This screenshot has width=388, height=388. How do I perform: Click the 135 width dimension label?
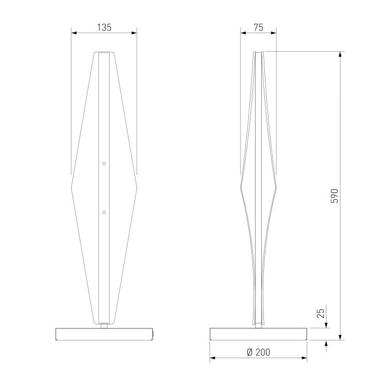click(104, 27)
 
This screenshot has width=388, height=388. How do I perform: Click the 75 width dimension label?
click(258, 27)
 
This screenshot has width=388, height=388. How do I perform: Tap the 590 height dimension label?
click(334, 196)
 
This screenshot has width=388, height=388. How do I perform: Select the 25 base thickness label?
click(320, 314)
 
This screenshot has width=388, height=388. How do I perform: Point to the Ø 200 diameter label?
click(258, 352)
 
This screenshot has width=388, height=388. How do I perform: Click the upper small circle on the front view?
click(104, 163)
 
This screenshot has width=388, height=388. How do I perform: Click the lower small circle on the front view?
click(104, 212)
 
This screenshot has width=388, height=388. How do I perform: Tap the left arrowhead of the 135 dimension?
click(74, 33)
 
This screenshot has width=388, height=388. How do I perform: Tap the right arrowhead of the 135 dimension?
click(134, 33)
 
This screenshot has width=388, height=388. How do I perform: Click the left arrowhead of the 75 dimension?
click(243, 33)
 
